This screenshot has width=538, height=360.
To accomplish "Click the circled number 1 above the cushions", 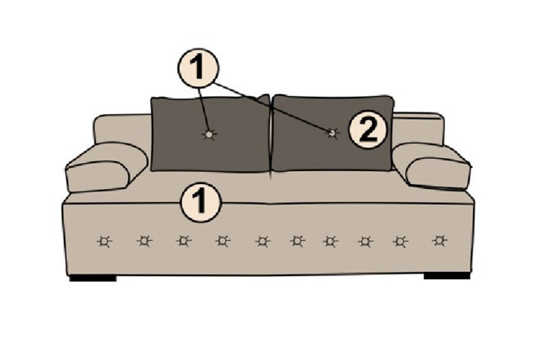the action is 198,68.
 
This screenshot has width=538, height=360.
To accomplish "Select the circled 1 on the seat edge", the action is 201,202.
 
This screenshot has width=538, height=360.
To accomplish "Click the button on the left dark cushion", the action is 209,134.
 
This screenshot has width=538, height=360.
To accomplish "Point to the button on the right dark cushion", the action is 332,133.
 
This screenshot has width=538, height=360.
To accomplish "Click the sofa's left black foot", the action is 93,278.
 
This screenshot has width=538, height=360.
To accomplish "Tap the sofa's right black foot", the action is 447,275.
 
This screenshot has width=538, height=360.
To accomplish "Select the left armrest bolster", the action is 107,167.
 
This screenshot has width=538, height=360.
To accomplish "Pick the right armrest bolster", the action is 432,166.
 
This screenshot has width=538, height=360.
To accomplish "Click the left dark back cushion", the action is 210,134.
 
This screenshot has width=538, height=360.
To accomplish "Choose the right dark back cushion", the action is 332,133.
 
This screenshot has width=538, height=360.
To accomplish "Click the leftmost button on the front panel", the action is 104,242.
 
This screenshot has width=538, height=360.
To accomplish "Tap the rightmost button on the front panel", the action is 439,241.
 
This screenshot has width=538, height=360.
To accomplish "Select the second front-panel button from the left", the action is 144,241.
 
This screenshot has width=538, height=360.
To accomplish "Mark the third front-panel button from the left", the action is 184,241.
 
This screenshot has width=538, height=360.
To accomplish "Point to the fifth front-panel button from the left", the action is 262,242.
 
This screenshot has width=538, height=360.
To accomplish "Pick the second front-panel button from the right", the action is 400,242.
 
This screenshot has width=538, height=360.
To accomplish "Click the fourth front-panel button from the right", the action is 330,242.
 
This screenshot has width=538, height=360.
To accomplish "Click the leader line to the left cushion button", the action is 204,109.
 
